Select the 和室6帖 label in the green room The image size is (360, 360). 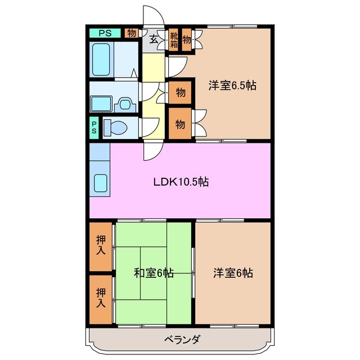click(153, 273)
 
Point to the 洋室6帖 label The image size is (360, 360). click(232, 273)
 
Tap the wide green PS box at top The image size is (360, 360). click(105, 33)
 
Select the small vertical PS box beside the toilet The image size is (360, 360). click(94, 128)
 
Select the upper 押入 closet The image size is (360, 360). click(101, 246)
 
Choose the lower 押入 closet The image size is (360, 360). click(101, 298)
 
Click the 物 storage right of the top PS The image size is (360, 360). click(131, 33)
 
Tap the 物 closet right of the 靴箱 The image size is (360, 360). click(186, 39)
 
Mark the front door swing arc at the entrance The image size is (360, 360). click(152, 17)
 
